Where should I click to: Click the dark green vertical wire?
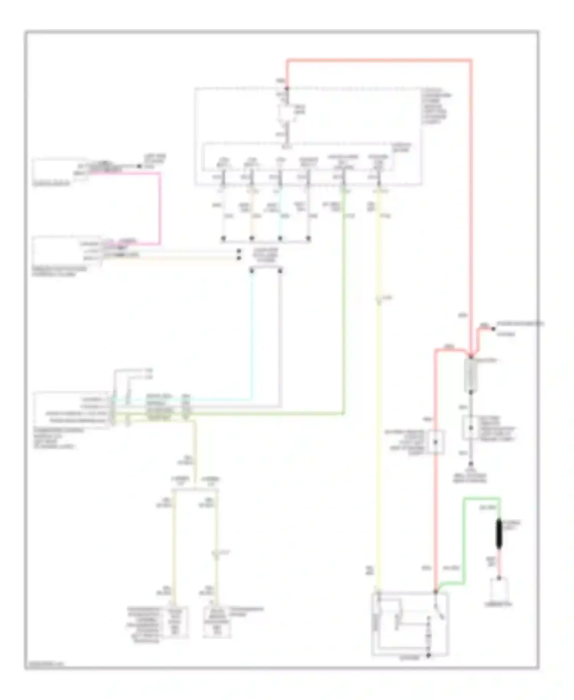tap(344, 306)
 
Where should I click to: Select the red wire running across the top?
tap(379, 60)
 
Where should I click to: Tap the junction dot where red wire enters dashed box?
tap(287, 88)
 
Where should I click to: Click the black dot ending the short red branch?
tap(493, 329)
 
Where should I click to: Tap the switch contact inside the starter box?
tap(439, 611)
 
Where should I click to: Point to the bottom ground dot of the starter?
tap(429, 655)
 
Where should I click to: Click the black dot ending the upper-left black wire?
tap(139, 166)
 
